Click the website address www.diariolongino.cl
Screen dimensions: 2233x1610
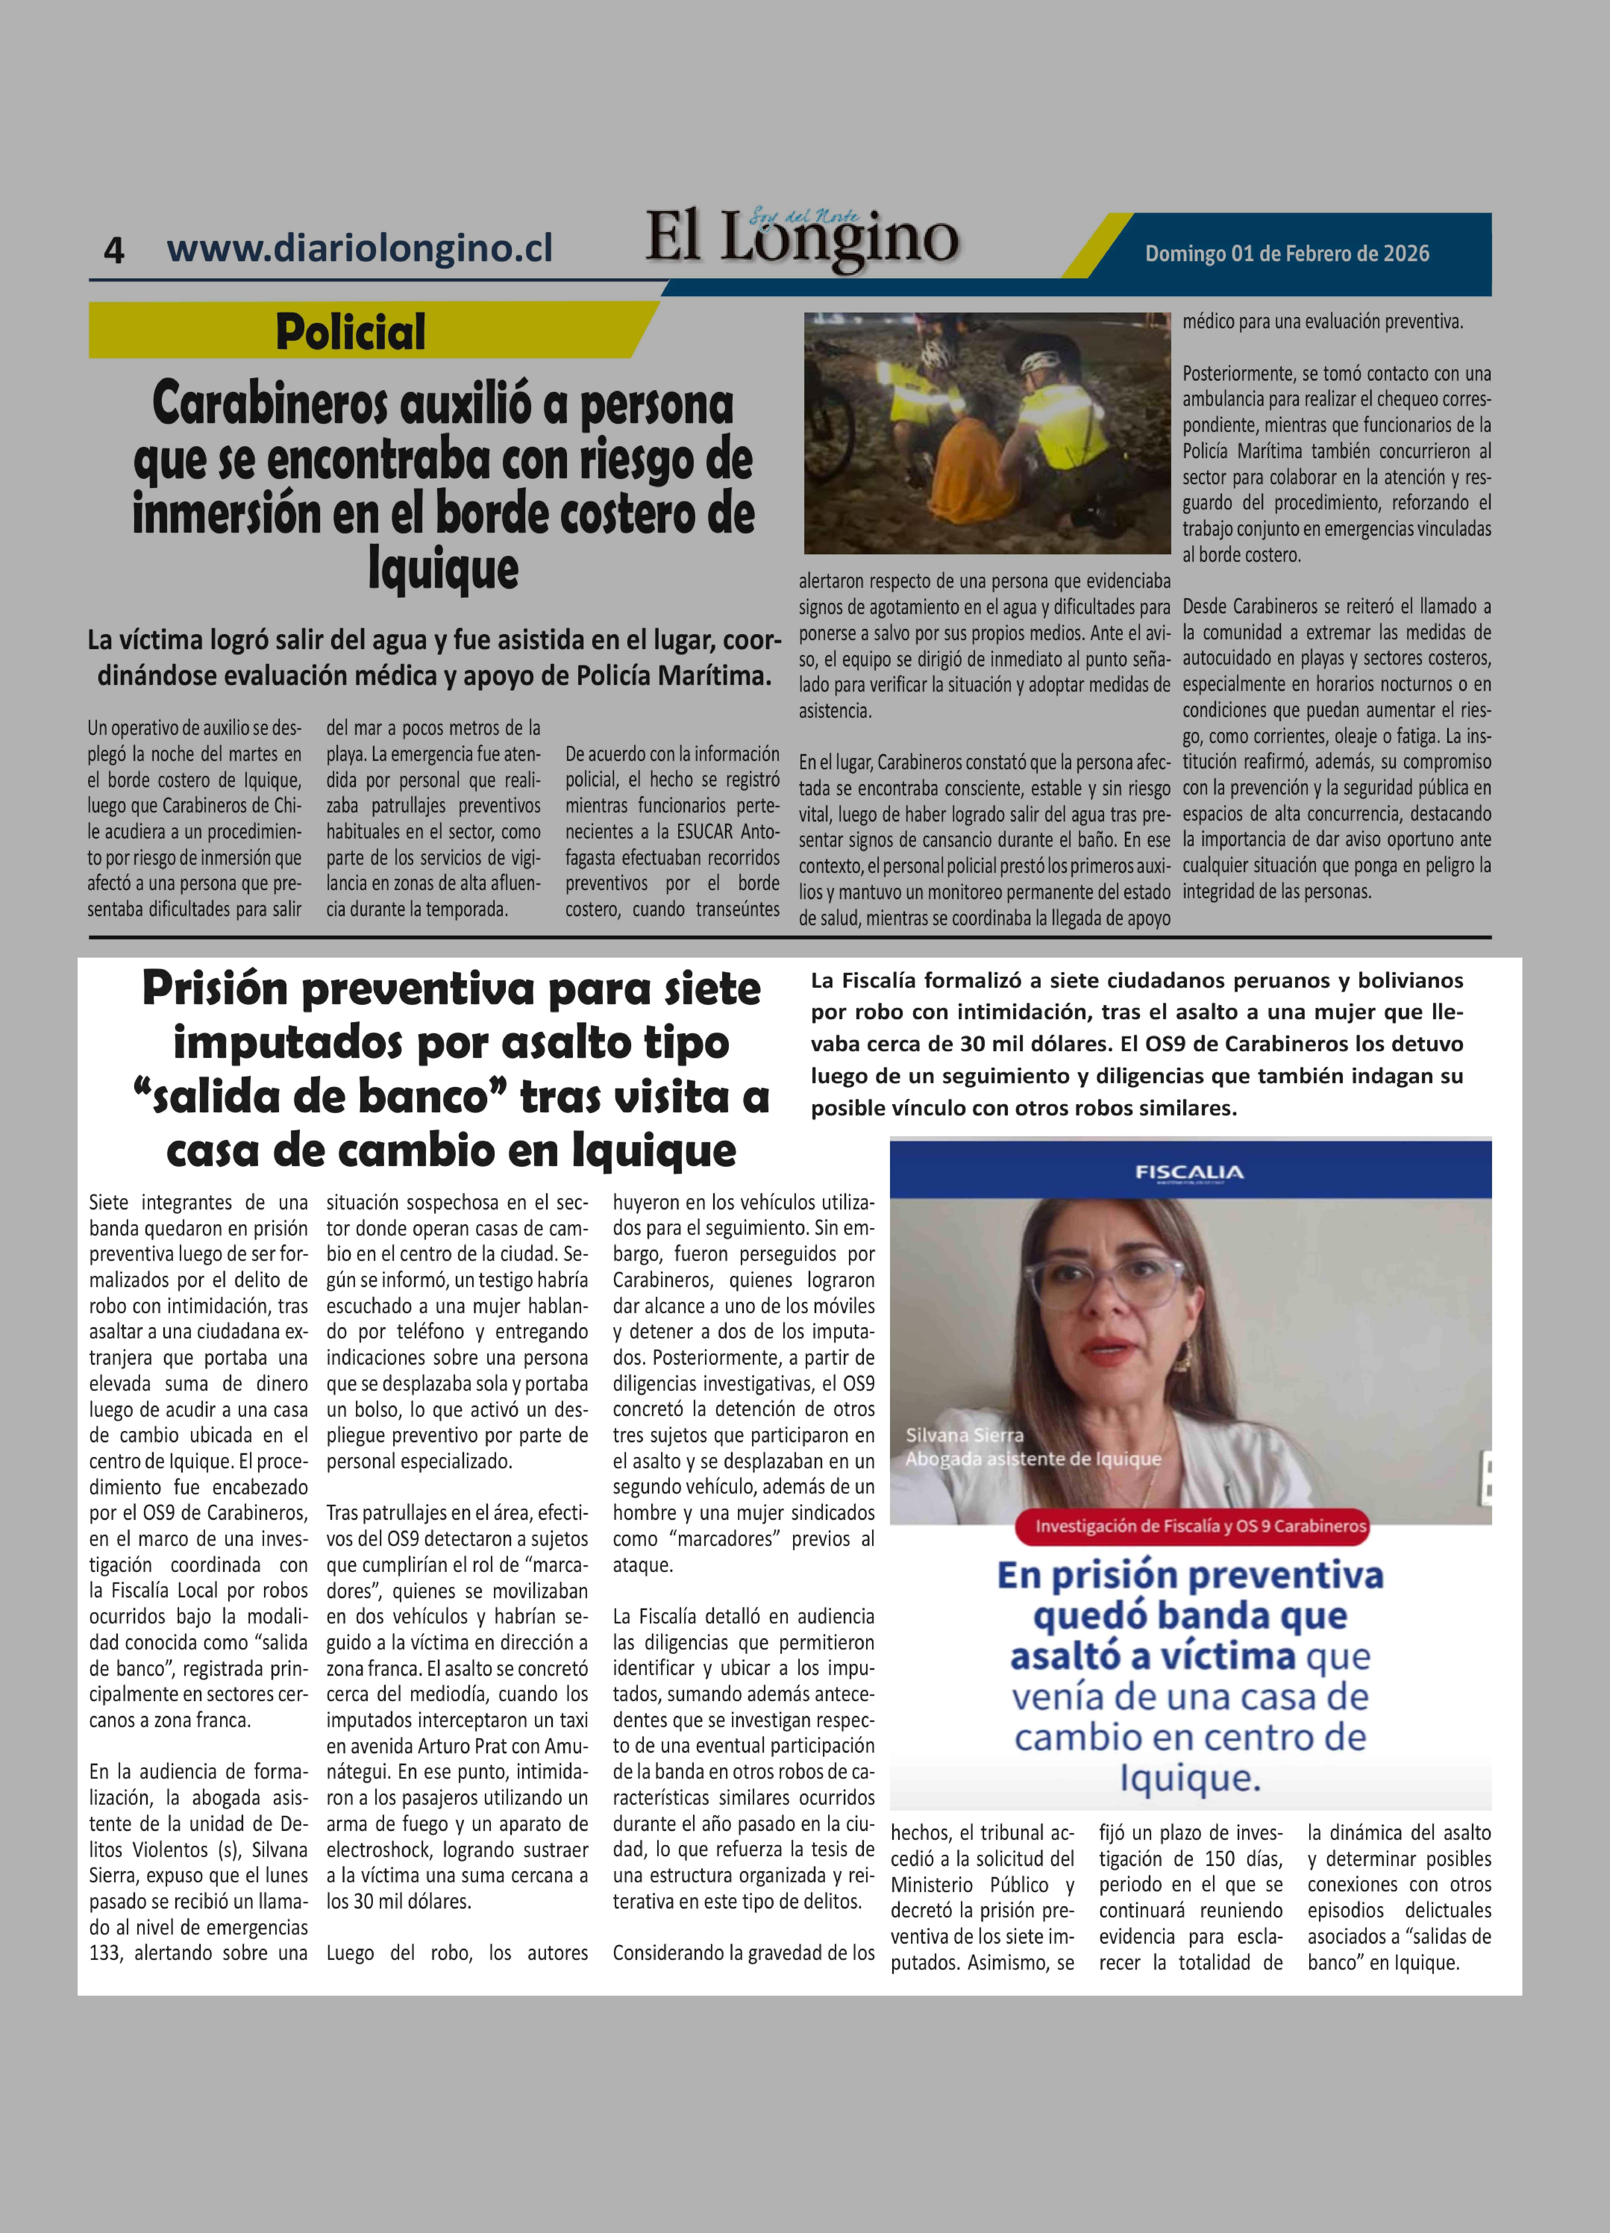tap(360, 247)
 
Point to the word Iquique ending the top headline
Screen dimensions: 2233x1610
tap(443, 569)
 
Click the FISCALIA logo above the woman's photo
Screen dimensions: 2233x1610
tap(1189, 1172)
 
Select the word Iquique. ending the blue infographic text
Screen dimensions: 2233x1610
tap(1190, 1778)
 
